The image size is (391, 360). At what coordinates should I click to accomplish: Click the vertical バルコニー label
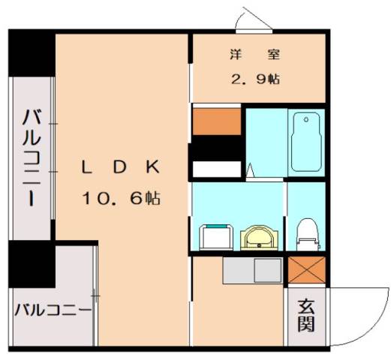(x=32, y=159)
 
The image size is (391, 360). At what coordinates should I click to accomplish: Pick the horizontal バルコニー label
(x=52, y=309)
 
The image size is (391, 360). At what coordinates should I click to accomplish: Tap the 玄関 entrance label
(x=306, y=315)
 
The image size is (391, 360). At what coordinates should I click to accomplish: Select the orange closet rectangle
(x=216, y=121)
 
